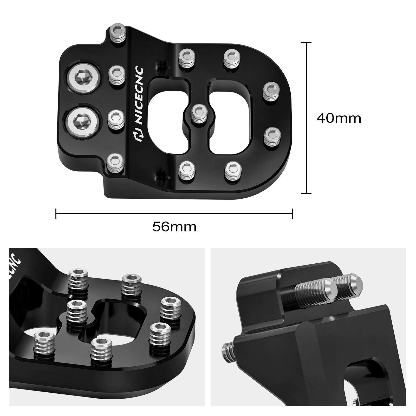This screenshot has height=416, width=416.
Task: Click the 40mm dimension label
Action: (x=339, y=119)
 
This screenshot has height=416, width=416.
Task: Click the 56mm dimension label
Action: (x=174, y=227)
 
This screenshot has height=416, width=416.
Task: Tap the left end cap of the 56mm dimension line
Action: (x=56, y=213)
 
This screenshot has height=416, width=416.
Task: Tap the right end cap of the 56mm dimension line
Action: (x=293, y=213)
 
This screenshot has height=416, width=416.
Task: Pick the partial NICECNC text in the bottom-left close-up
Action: (x=14, y=265)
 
